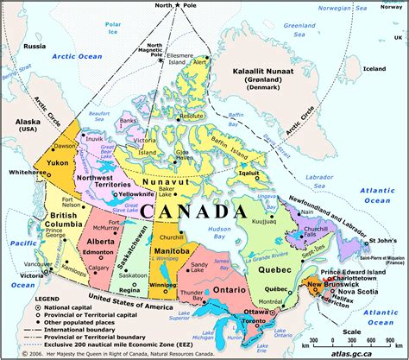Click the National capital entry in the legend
(59, 306)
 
